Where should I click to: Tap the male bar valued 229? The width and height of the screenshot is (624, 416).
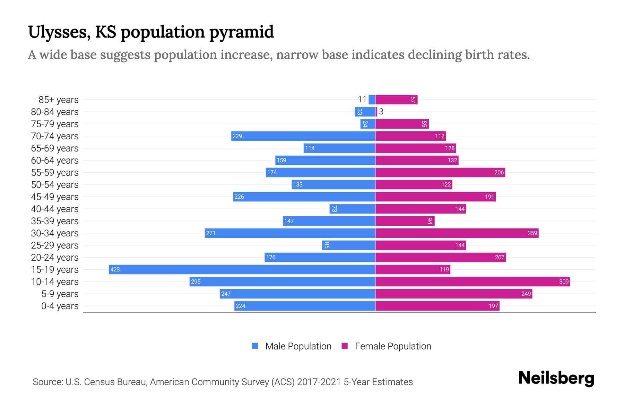point(303,136)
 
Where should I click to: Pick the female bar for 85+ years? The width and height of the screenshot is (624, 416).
point(396,99)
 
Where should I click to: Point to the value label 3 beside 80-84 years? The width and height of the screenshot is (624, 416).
point(381,112)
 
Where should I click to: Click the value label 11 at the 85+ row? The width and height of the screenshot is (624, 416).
point(362,99)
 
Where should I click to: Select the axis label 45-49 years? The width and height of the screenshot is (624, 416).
point(55,197)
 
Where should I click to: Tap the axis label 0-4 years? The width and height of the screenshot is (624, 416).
point(60,306)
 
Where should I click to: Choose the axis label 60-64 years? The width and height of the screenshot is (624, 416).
point(55,160)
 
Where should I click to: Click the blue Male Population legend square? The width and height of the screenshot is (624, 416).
point(255,346)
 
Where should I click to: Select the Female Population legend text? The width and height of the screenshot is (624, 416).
point(393,346)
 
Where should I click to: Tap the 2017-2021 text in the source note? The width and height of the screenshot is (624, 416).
point(319,382)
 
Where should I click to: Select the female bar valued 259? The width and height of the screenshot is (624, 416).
point(457,233)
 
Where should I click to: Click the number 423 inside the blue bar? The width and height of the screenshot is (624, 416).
point(115,269)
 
